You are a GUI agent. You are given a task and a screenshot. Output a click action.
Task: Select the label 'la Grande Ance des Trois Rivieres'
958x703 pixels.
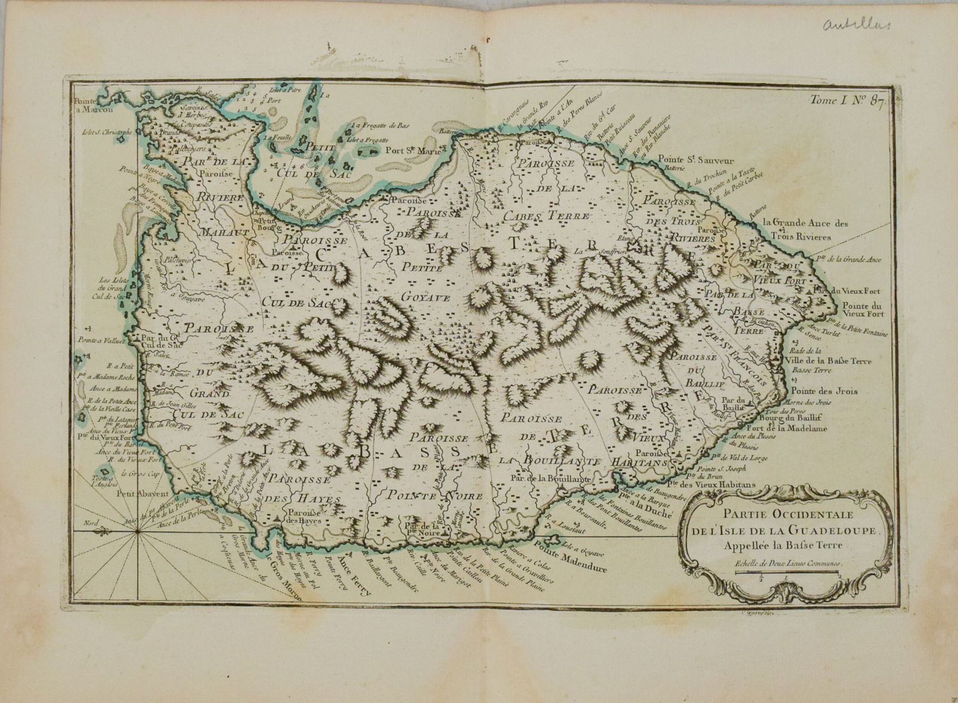pos(806,230)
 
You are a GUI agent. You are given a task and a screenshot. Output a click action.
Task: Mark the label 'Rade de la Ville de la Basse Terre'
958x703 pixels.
pos(826,356)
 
